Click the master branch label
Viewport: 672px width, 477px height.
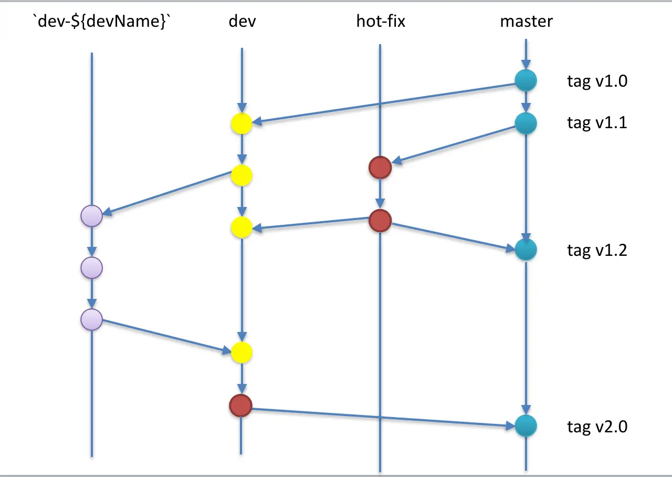click(x=526, y=22)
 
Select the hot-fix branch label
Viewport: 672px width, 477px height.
click(x=381, y=22)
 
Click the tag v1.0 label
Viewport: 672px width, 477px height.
click(x=597, y=81)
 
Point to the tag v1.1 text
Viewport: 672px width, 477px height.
click(x=597, y=123)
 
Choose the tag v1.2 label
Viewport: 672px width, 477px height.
click(x=597, y=250)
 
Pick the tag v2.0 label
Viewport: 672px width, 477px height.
click(x=597, y=427)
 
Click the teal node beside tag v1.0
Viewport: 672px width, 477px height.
click(x=526, y=81)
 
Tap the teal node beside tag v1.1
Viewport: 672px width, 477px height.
click(x=526, y=123)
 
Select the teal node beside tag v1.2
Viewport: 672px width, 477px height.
click(x=526, y=250)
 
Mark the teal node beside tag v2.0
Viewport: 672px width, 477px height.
click(x=526, y=426)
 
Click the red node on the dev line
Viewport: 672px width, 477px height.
click(x=241, y=406)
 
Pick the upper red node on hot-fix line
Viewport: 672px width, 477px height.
click(x=380, y=168)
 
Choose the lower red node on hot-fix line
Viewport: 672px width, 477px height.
click(x=380, y=221)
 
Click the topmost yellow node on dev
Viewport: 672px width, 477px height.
click(x=241, y=125)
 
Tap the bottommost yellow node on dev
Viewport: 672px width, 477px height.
click(x=241, y=352)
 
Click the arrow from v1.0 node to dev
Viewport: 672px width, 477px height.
click(x=383, y=103)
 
